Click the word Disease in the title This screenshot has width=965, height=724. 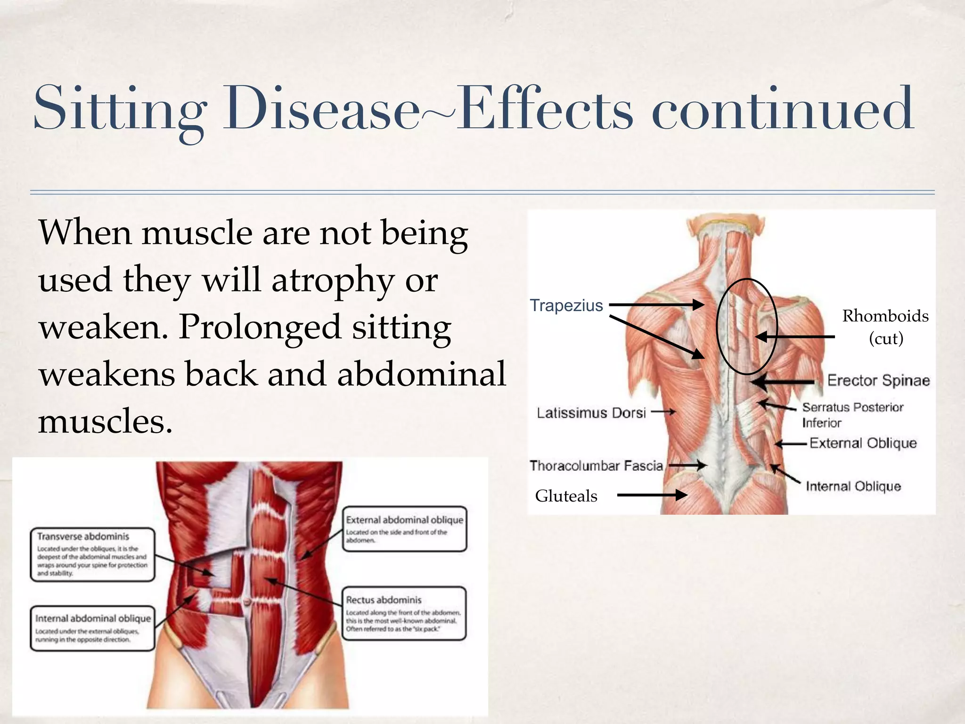point(320,109)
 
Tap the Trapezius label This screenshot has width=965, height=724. point(566,305)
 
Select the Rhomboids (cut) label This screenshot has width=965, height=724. point(885,326)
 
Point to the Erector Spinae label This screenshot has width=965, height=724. point(878,380)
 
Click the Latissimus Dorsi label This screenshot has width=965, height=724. point(591,413)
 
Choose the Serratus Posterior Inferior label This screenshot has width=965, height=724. point(852,414)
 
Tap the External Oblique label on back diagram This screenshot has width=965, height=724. point(863,443)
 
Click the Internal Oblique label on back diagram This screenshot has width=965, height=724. point(853,486)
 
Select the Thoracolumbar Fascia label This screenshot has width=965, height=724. point(596,466)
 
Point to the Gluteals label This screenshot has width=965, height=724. point(566,496)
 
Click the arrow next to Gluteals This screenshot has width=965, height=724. point(652,495)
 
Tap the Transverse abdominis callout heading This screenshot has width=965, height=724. point(83,536)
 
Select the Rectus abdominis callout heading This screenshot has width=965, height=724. point(384,600)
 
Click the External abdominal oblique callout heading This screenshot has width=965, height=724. point(404,519)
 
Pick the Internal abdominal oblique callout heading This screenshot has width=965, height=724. point(93,618)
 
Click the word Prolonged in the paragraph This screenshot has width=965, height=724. point(260,327)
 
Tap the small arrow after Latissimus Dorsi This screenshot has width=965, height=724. point(663,412)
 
